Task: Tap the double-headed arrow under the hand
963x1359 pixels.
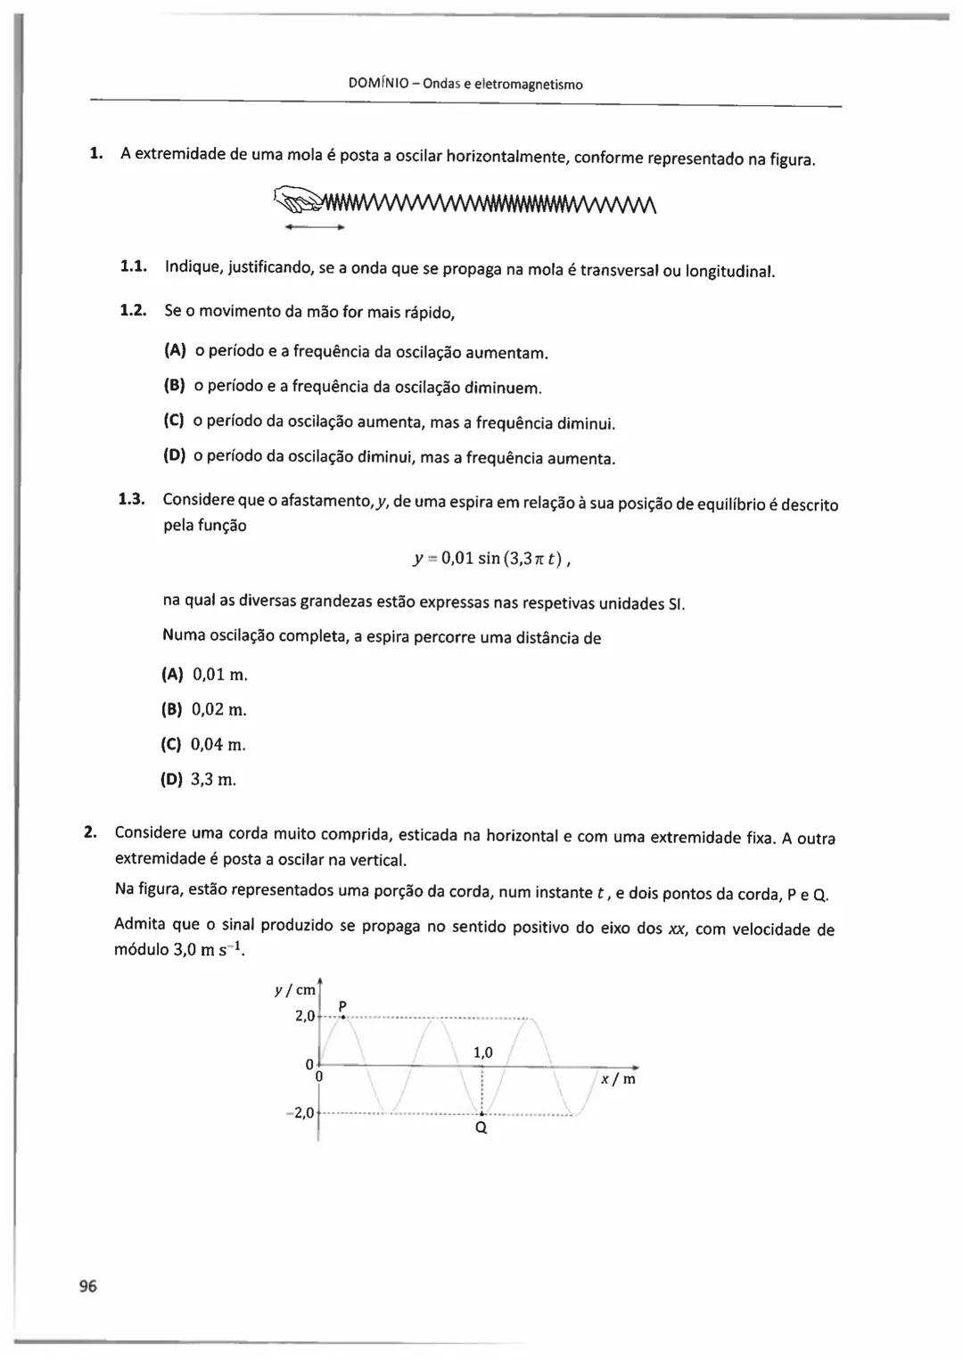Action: coord(314,228)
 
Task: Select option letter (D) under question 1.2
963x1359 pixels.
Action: coord(174,455)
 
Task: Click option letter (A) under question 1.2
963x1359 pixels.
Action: coord(175,350)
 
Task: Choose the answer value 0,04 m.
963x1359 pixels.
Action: coord(218,744)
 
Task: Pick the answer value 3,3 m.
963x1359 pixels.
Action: coord(214,780)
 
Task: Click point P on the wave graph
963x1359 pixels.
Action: coord(342,1017)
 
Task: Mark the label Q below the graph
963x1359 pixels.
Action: coord(481,1128)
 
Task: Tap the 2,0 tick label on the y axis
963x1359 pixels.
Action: coord(305,1016)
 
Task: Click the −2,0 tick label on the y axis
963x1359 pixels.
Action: coord(303,1112)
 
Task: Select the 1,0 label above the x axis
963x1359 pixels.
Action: coord(482,1053)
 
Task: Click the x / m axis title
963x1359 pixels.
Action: coord(618,1079)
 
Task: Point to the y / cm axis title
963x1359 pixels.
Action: coord(295,990)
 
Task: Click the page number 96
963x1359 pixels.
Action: coord(87,1286)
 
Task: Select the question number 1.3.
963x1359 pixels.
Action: coord(132,498)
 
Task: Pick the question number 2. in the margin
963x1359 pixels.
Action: coord(90,832)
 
